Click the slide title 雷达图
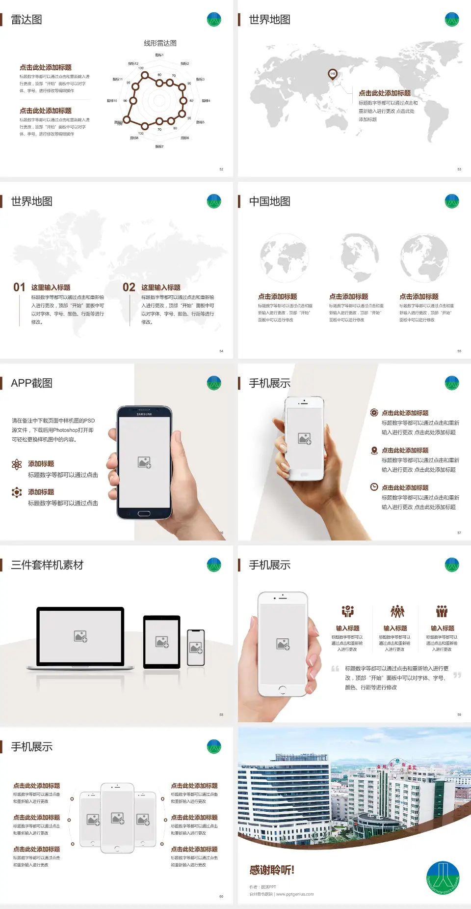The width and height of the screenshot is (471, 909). tap(26, 20)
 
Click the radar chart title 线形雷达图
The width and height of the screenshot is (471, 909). tap(160, 43)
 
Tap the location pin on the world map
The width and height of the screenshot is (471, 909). tap(333, 74)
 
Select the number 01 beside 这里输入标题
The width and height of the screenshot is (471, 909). tap(19, 287)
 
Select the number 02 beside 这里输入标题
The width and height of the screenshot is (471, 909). tap(129, 287)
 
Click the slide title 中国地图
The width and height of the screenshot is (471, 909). tap(269, 201)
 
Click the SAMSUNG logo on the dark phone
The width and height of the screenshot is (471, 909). tap(144, 414)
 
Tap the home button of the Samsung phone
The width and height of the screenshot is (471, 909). tap(144, 513)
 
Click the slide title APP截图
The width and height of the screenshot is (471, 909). tap(31, 383)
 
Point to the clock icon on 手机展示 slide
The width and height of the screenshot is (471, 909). tap(374, 487)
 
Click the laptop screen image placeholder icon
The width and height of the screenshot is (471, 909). tap(80, 636)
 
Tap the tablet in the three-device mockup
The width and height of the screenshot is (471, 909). tap(162, 642)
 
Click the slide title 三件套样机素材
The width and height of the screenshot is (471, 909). tap(47, 565)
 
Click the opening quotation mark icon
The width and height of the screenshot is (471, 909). tap(335, 669)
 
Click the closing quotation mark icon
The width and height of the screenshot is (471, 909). tap(457, 675)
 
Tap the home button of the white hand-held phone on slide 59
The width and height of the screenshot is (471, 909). tap(282, 690)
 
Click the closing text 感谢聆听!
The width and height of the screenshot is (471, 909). tap(272, 870)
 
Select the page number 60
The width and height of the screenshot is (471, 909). tap(221, 897)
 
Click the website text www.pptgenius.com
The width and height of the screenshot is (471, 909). tap(295, 894)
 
